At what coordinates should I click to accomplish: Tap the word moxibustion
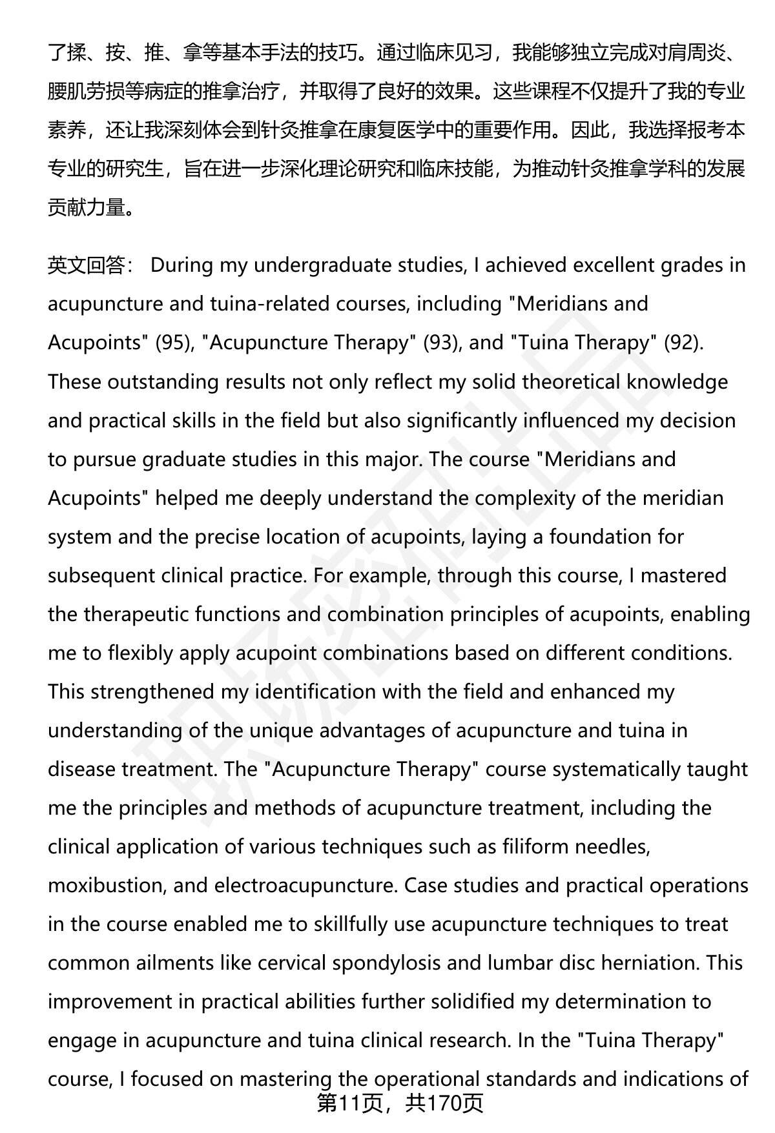tap(106, 885)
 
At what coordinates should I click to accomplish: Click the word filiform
tap(535, 846)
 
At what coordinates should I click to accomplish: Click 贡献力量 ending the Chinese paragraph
tap(86, 208)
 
